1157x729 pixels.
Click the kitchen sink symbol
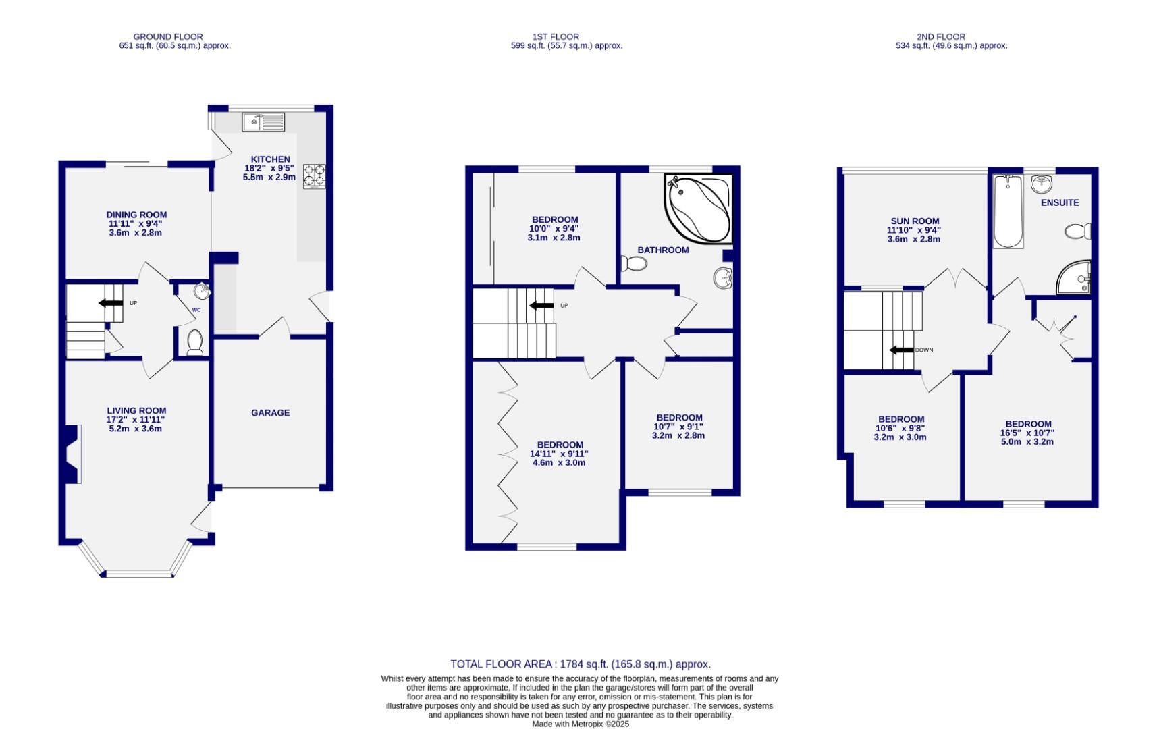pos(263,122)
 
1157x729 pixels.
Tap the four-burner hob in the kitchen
pos(314,176)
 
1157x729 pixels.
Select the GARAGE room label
pos(270,412)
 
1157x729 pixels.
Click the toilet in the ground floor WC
pos(195,342)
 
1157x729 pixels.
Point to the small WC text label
pos(196,310)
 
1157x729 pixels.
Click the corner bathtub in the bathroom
pos(699,208)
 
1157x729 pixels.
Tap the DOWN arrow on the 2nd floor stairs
pos(902,350)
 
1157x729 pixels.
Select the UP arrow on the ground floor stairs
pos(111,303)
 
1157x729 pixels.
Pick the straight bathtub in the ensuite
pos(1008,211)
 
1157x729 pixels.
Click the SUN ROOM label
pos(915,221)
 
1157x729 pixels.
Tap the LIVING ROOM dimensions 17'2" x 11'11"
pos(136,419)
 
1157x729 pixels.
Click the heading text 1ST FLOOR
pos(555,36)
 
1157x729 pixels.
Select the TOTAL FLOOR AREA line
pos(580,664)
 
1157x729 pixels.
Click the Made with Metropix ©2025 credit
pos(580,724)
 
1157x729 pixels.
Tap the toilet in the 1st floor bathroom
pos(634,263)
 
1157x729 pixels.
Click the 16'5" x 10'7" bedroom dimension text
pos(1027,433)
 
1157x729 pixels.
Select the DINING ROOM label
pos(136,215)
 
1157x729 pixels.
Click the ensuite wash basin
pos(1042,184)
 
